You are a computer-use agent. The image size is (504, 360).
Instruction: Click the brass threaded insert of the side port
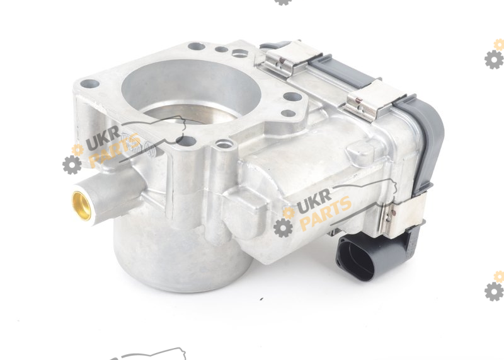(x=81, y=206)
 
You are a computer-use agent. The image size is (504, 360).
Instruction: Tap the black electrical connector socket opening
(x=355, y=257)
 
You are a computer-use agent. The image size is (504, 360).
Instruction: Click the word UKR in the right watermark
(x=314, y=201)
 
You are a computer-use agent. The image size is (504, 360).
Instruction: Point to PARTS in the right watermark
(x=326, y=213)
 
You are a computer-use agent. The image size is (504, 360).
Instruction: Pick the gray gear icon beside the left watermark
(x=72, y=165)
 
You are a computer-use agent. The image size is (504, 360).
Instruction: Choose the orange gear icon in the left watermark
(x=77, y=150)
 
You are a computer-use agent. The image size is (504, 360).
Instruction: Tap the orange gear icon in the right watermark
(x=289, y=213)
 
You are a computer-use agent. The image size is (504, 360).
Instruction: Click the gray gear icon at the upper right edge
(x=495, y=59)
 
